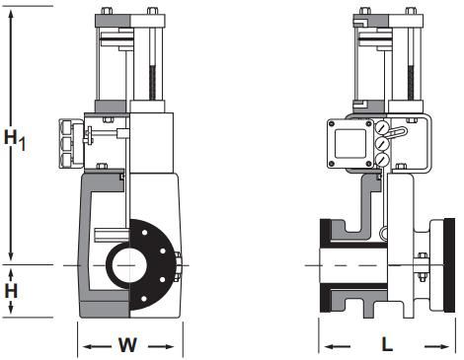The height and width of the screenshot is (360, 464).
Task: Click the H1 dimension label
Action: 15,139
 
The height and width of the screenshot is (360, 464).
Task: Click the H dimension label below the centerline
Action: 11,291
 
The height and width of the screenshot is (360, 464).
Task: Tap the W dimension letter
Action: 128,345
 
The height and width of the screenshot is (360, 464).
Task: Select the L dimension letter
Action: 387,345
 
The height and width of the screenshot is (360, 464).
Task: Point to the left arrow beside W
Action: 97,346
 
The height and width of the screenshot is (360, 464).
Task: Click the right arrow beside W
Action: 161,346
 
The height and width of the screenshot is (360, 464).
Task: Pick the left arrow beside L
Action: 338,346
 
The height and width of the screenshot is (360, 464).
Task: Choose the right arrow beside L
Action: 436,346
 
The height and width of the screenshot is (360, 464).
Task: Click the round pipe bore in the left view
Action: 128,265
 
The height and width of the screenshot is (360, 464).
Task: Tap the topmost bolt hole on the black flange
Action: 144,233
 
